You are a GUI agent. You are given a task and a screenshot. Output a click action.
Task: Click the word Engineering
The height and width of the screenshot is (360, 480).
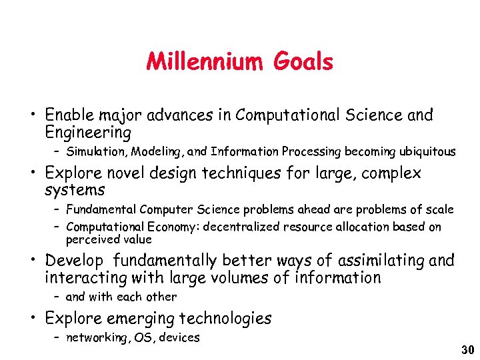[84, 132]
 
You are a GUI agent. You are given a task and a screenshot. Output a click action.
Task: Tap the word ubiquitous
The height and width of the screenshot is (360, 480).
[424, 151]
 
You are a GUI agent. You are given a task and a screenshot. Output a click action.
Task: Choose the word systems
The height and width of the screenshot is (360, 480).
[75, 191]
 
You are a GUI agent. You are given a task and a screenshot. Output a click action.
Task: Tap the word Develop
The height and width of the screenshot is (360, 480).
[74, 261]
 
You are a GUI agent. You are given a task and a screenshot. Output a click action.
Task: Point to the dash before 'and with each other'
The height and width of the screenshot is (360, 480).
[57, 297]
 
